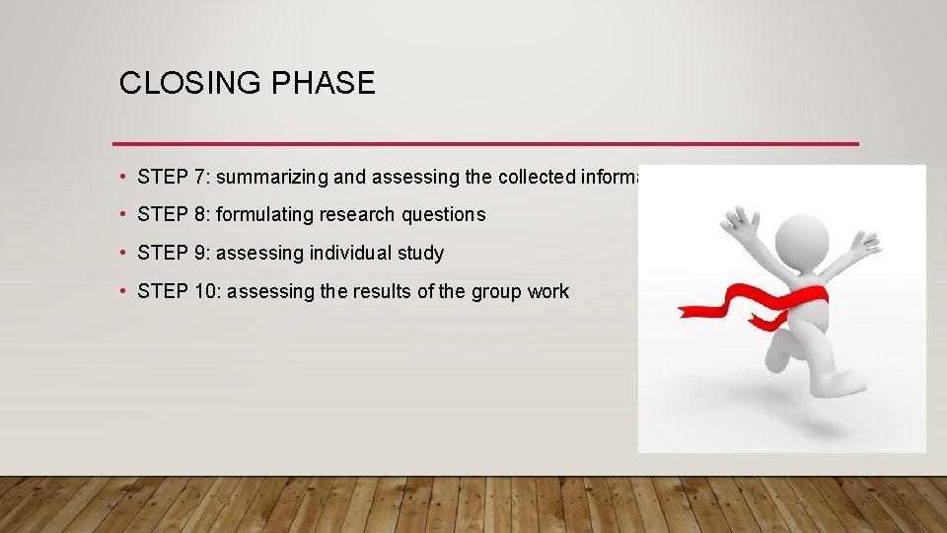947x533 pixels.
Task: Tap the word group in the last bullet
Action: click(492, 291)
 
